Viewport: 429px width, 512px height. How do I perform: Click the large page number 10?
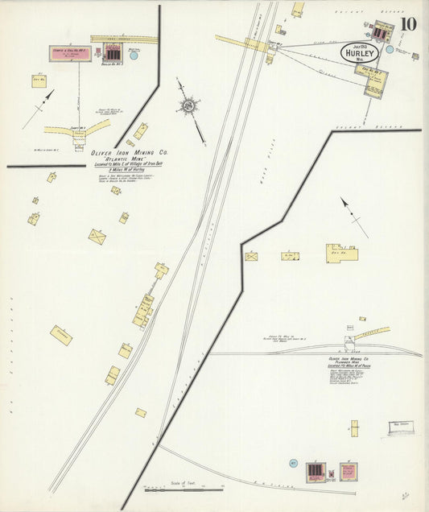408,24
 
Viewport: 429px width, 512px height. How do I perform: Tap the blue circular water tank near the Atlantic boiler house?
134,56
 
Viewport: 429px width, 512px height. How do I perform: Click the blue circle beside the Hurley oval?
390,49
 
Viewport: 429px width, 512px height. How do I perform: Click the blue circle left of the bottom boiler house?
294,463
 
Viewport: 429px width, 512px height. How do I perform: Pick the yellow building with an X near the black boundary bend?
251,257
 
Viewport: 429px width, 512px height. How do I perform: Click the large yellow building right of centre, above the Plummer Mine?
341,253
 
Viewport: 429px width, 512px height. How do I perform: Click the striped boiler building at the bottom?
316,471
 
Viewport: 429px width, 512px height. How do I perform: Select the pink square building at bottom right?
348,471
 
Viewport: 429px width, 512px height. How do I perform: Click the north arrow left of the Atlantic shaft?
39,109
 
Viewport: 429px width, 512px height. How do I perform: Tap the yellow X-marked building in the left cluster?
97,237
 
